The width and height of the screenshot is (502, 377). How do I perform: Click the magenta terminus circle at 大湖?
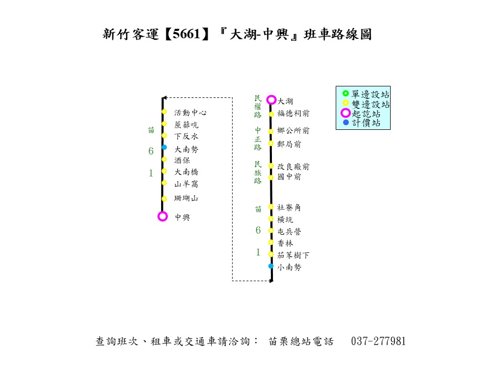point(271,99)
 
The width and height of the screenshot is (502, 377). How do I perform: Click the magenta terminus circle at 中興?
point(163,216)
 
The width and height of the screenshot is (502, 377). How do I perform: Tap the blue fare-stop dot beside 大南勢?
point(164,148)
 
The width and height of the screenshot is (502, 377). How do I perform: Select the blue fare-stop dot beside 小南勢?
point(271,266)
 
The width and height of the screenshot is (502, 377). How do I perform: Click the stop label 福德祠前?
point(293,113)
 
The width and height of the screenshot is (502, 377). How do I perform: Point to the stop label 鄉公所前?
point(293,131)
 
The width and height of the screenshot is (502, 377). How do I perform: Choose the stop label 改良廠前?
point(293,167)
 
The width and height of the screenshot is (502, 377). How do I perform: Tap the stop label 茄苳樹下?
point(293,255)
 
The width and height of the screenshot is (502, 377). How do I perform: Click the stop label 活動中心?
point(190,113)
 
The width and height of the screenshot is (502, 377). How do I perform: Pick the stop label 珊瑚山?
point(186,198)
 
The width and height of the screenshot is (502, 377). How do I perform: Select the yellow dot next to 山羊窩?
point(164,183)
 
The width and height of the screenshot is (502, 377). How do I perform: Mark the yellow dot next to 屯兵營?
point(271,230)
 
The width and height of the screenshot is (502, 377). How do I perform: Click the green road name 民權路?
point(258,106)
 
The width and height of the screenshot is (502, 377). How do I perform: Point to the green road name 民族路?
point(258,172)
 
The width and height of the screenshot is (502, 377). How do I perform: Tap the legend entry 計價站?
point(366,123)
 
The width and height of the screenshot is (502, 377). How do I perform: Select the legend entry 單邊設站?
point(370,95)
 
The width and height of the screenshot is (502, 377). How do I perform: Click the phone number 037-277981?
point(379,341)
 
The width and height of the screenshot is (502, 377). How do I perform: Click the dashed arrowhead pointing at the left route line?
point(164,98)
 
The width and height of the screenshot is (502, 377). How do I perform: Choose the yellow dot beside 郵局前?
point(271,143)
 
